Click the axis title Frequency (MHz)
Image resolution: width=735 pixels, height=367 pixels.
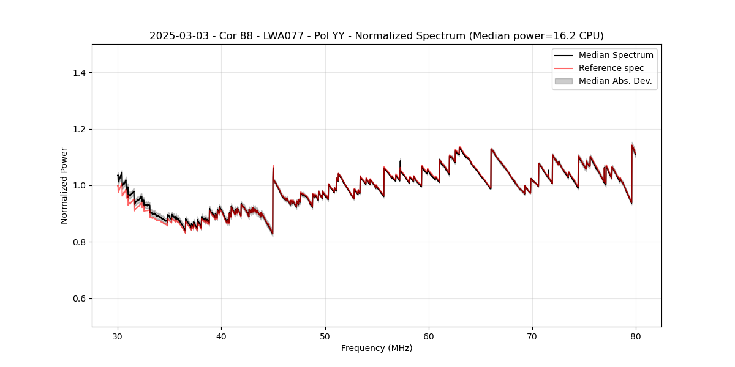377,348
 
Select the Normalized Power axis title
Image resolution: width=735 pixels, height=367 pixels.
64,185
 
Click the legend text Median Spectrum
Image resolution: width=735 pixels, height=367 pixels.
616,55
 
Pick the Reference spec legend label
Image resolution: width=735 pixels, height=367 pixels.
611,68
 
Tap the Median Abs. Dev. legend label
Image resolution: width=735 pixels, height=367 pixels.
615,81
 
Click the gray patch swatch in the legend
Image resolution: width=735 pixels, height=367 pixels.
563,81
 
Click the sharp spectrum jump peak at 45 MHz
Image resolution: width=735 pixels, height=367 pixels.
273,166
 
